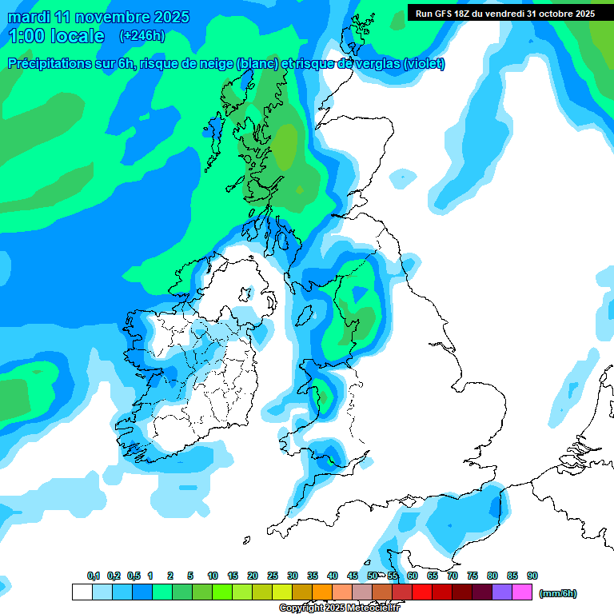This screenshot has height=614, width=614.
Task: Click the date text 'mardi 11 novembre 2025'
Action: pyautogui.click(x=98, y=17)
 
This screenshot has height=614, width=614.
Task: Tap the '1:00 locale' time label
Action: pyautogui.click(x=56, y=36)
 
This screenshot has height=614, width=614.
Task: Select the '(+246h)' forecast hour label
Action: pyautogui.click(x=142, y=36)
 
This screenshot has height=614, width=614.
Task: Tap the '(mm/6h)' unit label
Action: pyautogui.click(x=557, y=593)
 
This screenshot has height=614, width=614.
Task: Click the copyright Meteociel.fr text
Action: pyautogui.click(x=339, y=608)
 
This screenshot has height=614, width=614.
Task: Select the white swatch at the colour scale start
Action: pyautogui.click(x=82, y=592)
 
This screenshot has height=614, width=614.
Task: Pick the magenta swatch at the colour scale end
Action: pyautogui.click(x=522, y=592)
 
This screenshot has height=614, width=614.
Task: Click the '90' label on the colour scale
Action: pyautogui.click(x=532, y=576)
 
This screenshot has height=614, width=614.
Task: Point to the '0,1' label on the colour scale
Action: pyautogui.click(x=94, y=576)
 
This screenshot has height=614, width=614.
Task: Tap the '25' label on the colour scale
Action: pyautogui.click(x=273, y=576)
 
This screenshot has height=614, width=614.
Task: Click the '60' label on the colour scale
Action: pyautogui.click(x=413, y=576)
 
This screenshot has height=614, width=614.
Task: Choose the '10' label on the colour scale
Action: pyautogui.click(x=213, y=576)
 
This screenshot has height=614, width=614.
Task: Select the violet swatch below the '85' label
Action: pyautogui.click(x=502, y=592)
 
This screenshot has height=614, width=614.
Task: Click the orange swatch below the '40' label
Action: pyautogui.click(x=322, y=592)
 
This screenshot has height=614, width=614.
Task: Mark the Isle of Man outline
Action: pyautogui.click(x=304, y=317)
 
